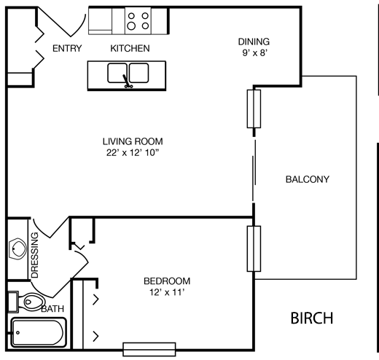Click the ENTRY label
[67, 49]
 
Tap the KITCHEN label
[130, 49]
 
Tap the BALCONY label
[307, 179]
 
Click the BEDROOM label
[167, 281]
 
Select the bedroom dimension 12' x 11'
[167, 293]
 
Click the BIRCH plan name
[312, 318]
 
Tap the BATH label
[52, 309]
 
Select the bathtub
[38, 334]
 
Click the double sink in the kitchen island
[128, 73]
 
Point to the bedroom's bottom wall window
[148, 348]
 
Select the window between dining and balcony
[254, 112]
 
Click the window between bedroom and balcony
[254, 249]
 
